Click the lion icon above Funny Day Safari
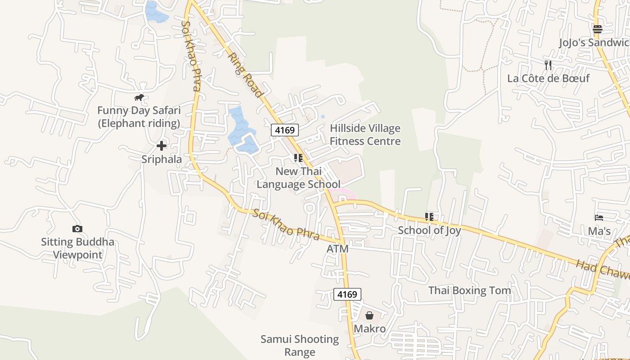pos(139,97)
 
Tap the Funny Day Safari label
pos(139,117)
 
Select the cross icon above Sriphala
pos(162,146)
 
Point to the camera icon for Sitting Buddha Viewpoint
pos(77,229)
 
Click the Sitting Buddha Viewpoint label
pos(77,248)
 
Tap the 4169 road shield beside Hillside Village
pos(285,130)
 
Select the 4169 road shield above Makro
pos(347,294)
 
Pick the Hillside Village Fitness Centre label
pos(365,135)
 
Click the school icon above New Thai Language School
pos(298,158)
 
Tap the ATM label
pos(337,249)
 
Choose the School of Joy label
pos(429,230)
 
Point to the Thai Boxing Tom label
pos(469,290)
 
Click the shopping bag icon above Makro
pos(369,315)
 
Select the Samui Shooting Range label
pos(300,345)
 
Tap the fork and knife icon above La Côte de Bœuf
pos(548,65)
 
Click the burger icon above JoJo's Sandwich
pos(597,30)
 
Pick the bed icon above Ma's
pos(599,218)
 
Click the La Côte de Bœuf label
pos(548,78)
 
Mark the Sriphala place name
pos(162,159)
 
